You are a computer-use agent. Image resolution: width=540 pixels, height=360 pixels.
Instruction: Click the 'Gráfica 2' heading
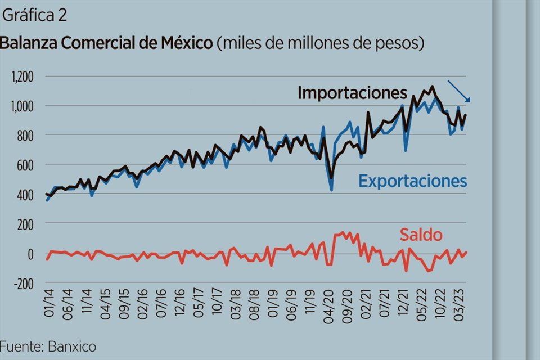click(35, 16)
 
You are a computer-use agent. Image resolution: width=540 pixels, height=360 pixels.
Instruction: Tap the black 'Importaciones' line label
click(352, 93)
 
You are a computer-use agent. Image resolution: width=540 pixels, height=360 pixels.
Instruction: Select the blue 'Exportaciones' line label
click(413, 181)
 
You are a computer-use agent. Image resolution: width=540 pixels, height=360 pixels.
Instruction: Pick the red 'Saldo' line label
click(421, 235)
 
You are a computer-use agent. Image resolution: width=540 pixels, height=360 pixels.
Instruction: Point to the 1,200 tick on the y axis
click(23, 76)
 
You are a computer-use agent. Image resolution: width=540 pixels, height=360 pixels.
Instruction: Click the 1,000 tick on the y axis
click(23, 106)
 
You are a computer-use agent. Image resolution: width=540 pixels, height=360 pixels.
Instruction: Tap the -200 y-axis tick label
click(24, 283)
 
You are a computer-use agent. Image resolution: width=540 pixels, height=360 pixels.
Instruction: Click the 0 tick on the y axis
click(31, 254)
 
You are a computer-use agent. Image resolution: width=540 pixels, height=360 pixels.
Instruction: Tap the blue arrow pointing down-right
click(459, 91)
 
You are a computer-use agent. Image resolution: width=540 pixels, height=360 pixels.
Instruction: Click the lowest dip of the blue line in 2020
click(331, 190)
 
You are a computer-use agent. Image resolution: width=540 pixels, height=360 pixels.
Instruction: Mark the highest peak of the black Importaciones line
click(432, 87)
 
